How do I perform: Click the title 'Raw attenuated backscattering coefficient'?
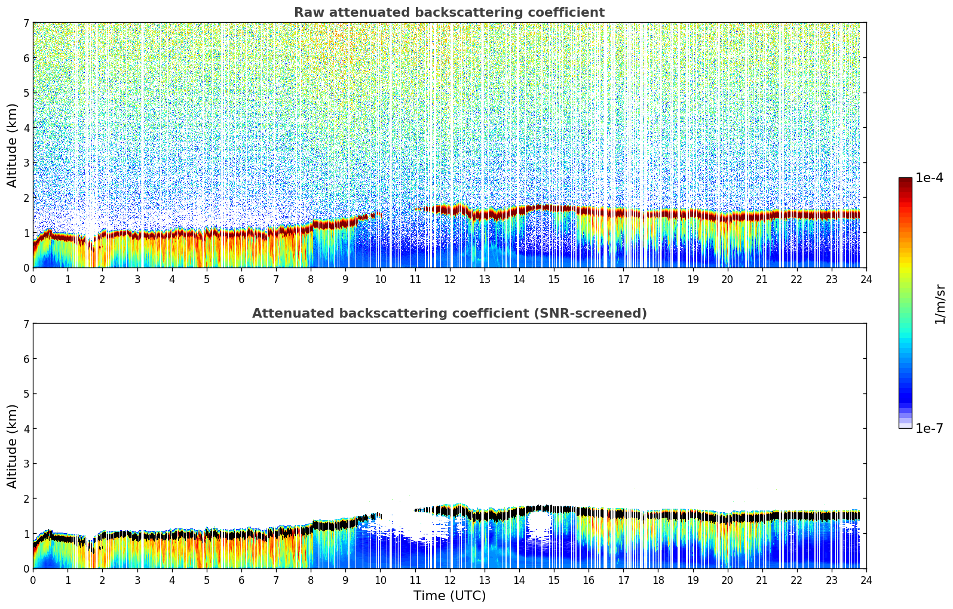(x=449, y=13)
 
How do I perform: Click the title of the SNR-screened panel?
(x=449, y=313)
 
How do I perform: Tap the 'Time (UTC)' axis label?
(x=449, y=596)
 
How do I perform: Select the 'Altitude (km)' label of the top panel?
(x=13, y=145)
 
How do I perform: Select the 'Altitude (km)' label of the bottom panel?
(x=13, y=446)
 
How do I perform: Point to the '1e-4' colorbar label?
(x=929, y=178)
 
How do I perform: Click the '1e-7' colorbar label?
(x=929, y=429)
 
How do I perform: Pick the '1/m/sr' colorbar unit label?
(x=940, y=304)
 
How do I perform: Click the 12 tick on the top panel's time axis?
(x=449, y=279)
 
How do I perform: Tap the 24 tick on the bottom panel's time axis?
(x=866, y=580)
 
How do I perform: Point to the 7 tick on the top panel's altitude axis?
(x=26, y=23)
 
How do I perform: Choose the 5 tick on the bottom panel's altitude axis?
(x=26, y=394)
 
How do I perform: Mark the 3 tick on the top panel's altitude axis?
(x=26, y=163)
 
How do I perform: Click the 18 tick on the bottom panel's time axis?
(x=658, y=580)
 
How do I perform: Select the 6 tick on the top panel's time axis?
(x=241, y=279)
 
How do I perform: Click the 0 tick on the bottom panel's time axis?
(x=33, y=580)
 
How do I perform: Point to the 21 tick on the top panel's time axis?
(x=762, y=279)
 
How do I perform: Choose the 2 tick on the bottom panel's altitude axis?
(x=26, y=499)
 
